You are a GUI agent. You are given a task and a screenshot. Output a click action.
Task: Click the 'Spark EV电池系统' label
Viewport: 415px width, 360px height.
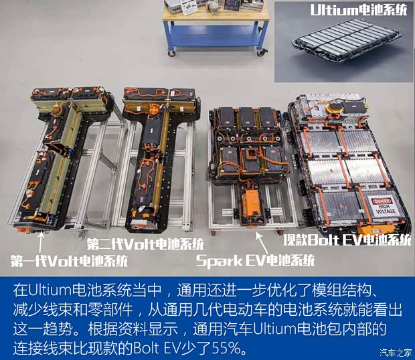(255, 260)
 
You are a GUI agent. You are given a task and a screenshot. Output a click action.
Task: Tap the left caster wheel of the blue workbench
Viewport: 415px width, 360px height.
(172, 52)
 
